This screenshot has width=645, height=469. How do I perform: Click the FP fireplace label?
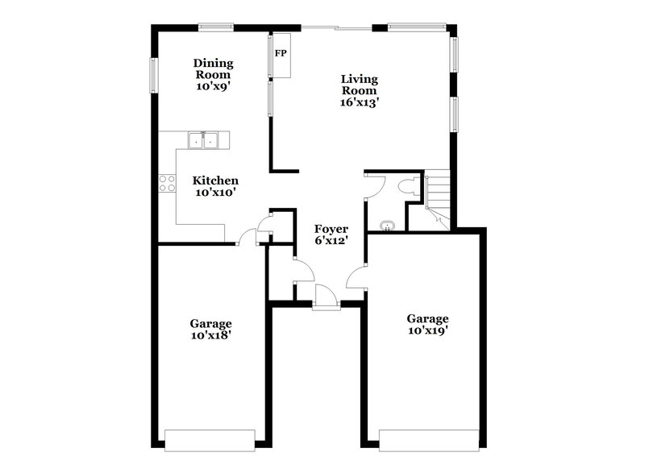[x=281, y=54]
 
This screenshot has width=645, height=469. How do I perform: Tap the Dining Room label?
[x=214, y=68]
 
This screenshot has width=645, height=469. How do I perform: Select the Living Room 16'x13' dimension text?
[x=360, y=102]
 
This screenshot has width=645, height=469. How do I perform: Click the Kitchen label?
[x=214, y=181]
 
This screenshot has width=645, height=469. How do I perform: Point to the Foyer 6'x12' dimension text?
[x=331, y=241]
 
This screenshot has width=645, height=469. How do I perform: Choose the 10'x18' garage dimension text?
[x=210, y=334]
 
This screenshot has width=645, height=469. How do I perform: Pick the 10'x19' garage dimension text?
[x=427, y=330]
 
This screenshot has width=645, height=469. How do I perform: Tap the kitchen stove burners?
[x=167, y=183]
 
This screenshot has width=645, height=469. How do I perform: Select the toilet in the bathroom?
[x=408, y=188]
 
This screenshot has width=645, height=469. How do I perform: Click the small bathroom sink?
[x=387, y=226]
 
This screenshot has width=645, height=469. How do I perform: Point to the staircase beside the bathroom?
[x=439, y=201]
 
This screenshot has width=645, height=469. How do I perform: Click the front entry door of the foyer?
[x=326, y=297]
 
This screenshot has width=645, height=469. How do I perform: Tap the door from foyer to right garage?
[x=356, y=279]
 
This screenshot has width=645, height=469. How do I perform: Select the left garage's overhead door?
[x=210, y=438]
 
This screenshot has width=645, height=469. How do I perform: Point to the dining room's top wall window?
[x=216, y=27]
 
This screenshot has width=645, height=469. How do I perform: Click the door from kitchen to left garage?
[x=248, y=237]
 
